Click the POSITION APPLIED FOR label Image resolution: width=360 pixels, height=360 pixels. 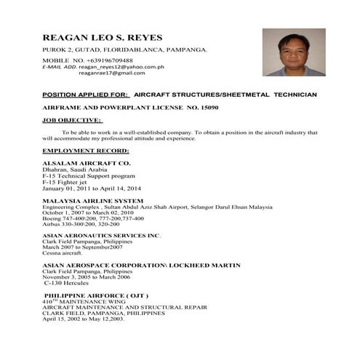[86, 95]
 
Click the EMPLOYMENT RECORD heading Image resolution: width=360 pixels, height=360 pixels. [85, 150]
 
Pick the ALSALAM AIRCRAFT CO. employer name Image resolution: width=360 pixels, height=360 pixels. [86, 164]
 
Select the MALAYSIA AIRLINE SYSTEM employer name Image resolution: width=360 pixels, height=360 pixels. [92, 201]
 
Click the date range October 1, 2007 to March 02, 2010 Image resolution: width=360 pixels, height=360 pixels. [100, 212]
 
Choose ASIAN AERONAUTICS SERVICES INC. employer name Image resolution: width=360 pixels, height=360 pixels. [101, 236]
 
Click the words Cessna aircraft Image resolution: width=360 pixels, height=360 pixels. [63, 254]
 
